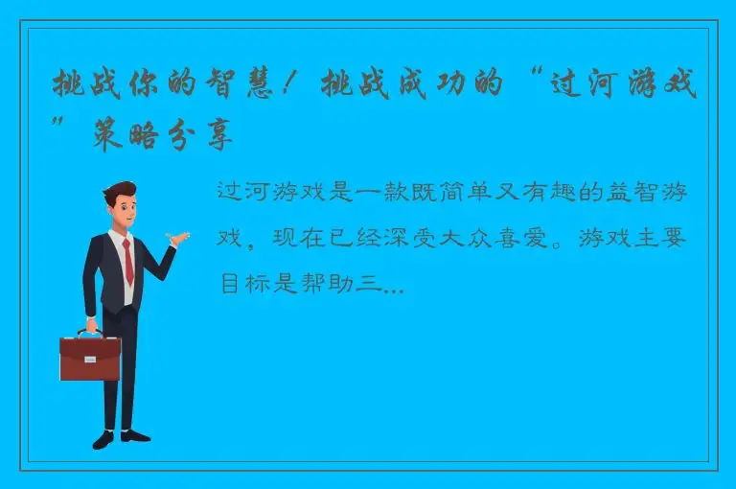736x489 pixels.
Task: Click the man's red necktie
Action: point(127,261)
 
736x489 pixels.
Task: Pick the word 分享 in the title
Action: point(205,139)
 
